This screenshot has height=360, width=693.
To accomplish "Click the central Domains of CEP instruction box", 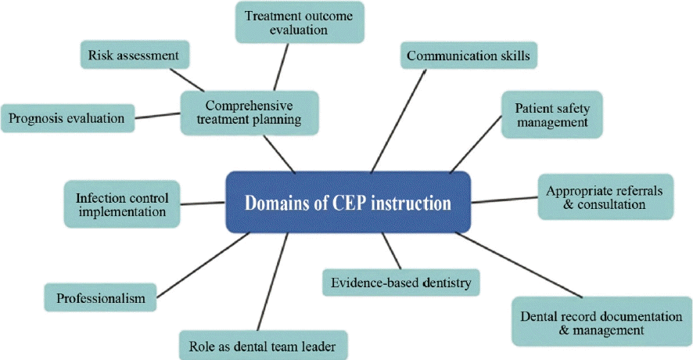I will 348,203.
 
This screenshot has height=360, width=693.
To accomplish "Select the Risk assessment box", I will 134,56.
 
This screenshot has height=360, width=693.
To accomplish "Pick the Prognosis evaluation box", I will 66,119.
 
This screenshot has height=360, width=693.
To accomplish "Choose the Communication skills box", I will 468,56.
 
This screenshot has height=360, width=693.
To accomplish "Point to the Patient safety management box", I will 551,115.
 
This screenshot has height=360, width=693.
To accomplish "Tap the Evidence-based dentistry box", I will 402,282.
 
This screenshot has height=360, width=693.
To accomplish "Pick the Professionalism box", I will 101,298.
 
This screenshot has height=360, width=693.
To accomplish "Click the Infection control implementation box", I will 121,203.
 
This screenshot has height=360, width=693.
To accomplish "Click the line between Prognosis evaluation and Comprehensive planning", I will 156,117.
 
